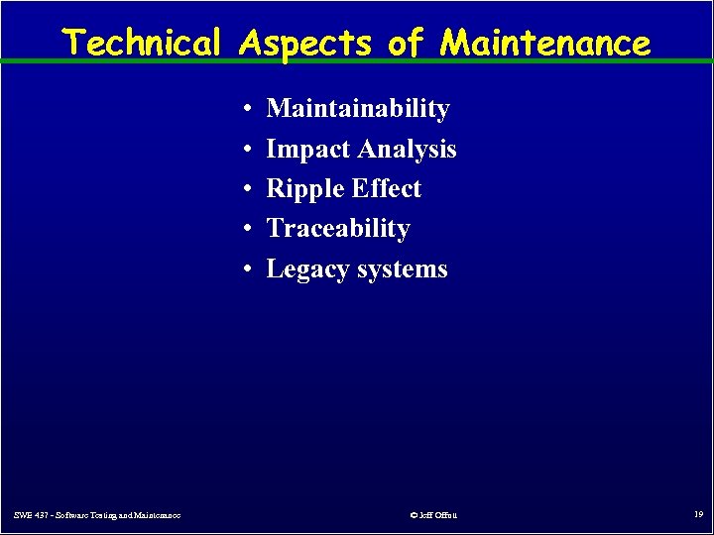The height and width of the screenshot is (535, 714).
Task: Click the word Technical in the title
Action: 142,43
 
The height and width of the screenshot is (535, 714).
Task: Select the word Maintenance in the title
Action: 545,43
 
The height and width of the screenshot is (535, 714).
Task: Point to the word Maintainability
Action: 358,108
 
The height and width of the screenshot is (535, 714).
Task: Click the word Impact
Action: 308,149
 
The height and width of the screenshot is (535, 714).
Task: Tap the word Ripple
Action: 303,189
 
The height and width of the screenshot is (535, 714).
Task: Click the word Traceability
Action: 338,229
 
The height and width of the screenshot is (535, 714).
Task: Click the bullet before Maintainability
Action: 245,109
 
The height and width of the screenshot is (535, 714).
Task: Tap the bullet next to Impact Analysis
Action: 245,150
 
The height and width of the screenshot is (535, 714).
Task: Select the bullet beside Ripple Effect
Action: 245,189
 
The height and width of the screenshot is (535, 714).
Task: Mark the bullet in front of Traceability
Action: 245,229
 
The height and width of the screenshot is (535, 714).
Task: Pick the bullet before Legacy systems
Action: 245,269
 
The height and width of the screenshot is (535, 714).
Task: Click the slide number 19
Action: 698,514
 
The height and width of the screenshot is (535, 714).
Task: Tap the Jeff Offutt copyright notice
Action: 432,515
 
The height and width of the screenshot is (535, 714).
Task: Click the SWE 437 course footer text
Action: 97,515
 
